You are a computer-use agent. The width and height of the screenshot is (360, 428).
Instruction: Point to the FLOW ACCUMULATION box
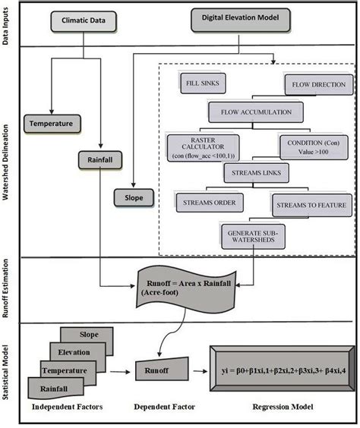pyautogui.click(x=256, y=112)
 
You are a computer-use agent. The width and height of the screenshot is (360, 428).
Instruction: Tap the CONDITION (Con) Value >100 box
pyautogui.click(x=313, y=146)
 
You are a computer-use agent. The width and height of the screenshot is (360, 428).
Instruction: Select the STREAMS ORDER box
pyautogui.click(x=208, y=203)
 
